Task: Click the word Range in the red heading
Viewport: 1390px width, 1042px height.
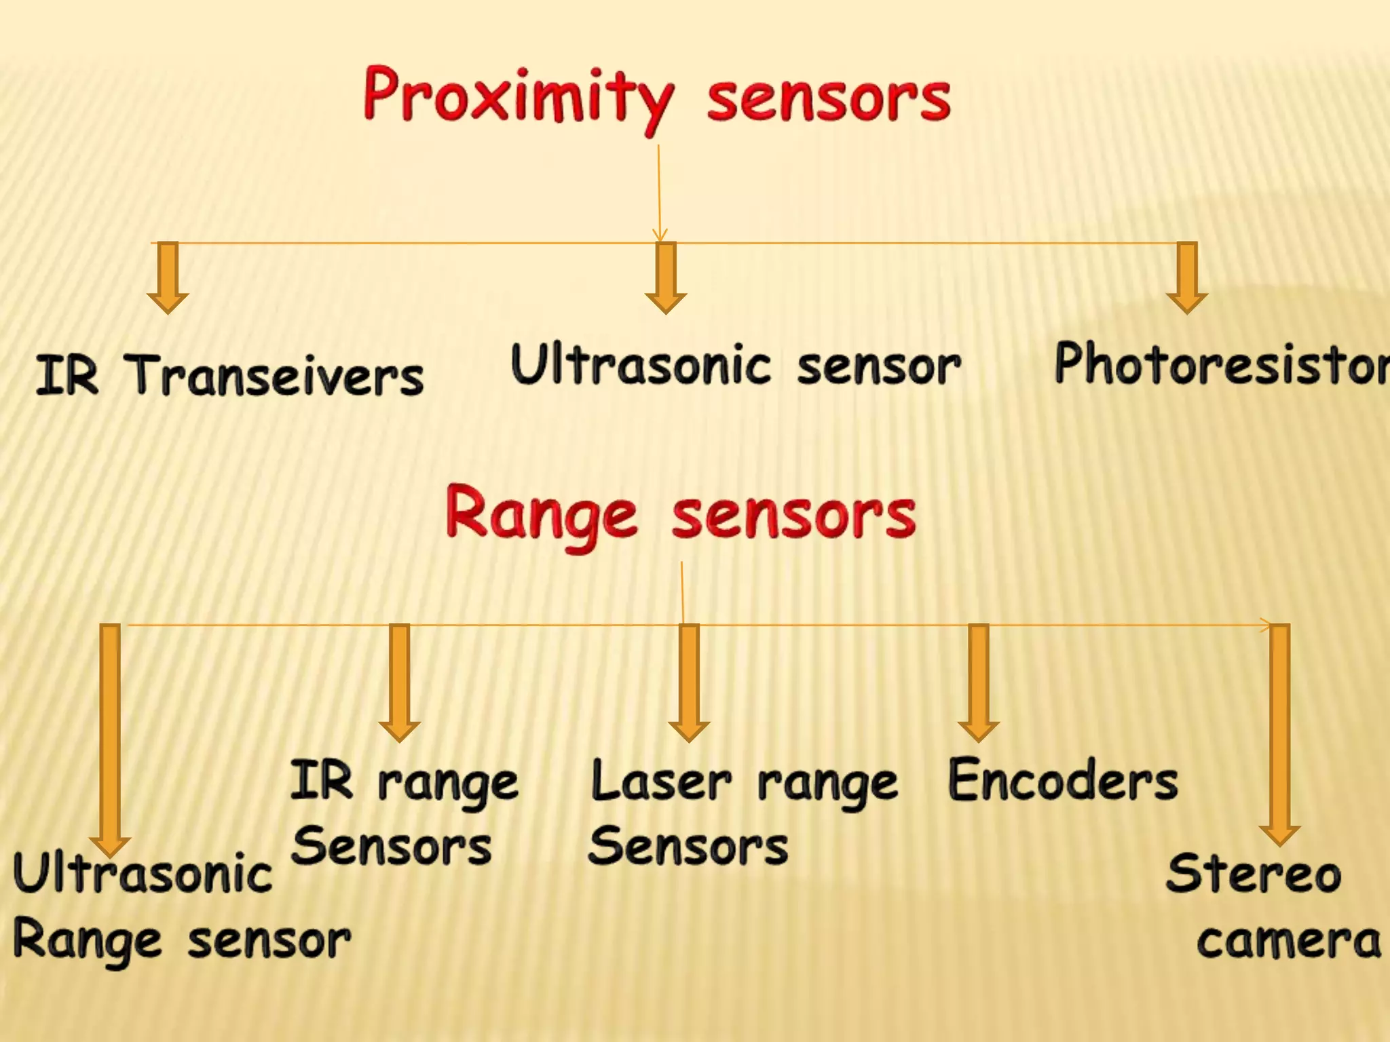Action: tap(541, 516)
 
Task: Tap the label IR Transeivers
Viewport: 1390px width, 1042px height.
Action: tap(229, 375)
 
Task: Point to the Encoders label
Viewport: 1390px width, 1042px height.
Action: tap(1062, 781)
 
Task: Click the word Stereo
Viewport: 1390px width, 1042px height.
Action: tap(1253, 873)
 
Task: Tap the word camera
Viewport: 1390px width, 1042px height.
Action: tap(1288, 941)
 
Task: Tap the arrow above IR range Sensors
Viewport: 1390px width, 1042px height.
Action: tap(400, 682)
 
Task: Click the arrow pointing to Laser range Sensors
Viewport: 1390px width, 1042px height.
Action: tap(689, 682)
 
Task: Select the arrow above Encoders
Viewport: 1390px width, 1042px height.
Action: tap(978, 682)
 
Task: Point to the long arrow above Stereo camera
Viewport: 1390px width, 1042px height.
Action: tap(1279, 733)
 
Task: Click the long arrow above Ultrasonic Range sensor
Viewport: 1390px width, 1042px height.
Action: tap(110, 739)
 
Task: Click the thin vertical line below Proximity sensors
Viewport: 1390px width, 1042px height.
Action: tap(658, 190)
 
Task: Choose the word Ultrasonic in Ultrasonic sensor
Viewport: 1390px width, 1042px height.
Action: tap(641, 365)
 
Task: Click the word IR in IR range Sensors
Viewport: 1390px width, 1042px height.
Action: tap(322, 781)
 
